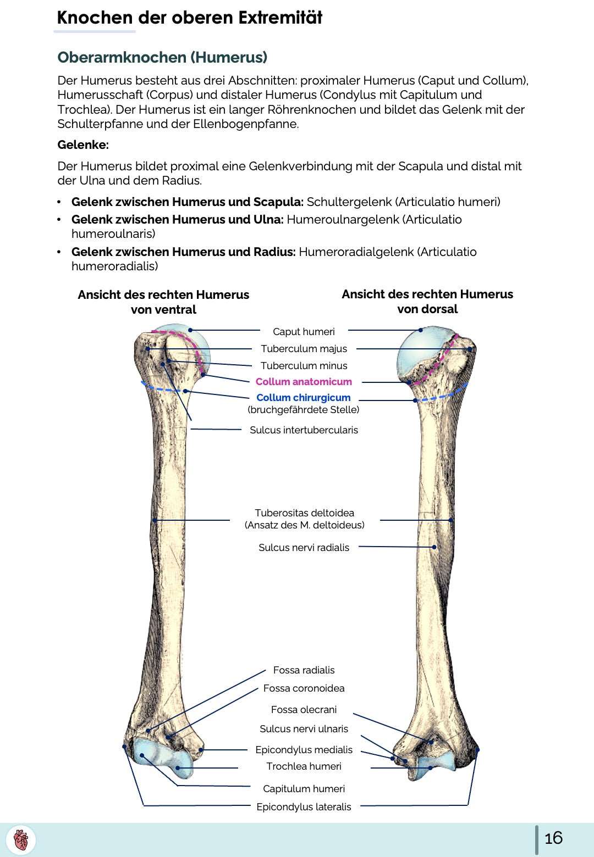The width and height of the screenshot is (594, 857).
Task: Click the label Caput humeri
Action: (304, 331)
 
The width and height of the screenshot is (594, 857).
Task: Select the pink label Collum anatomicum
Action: (304, 381)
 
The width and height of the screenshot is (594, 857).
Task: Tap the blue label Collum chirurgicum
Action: (303, 397)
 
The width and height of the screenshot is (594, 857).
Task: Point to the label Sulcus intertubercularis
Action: (304, 430)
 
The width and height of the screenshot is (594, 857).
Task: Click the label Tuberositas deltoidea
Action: (304, 513)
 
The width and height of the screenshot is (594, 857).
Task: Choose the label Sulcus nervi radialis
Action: (304, 547)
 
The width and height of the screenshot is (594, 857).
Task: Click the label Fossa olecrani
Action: (304, 709)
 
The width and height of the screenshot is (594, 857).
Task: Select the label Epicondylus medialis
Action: (304, 749)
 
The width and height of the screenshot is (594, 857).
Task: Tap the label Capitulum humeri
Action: (304, 788)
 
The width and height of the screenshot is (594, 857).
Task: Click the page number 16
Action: (553, 838)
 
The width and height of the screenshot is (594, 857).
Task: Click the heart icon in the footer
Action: (21, 840)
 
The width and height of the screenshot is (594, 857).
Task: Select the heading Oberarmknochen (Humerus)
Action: (162, 57)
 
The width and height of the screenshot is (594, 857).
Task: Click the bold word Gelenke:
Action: (83, 145)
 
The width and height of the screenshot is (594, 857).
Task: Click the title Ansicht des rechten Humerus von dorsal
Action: (427, 301)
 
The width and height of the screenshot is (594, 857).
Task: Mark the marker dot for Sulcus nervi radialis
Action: (434, 547)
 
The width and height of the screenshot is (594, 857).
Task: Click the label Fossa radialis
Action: (304, 670)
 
